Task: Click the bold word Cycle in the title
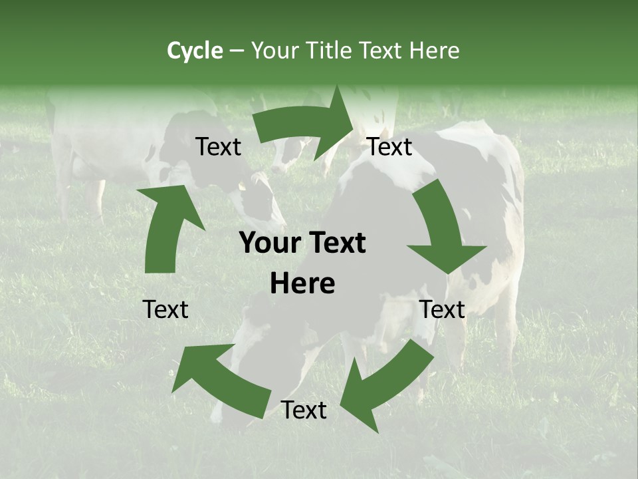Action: click(x=195, y=51)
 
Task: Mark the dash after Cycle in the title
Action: click(x=237, y=51)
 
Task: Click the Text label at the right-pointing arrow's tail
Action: click(x=218, y=147)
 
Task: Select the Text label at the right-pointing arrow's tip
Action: click(x=389, y=146)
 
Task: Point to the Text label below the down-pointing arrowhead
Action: click(x=442, y=309)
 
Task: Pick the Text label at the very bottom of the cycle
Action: click(x=304, y=410)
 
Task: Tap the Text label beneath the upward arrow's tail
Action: click(x=165, y=309)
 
